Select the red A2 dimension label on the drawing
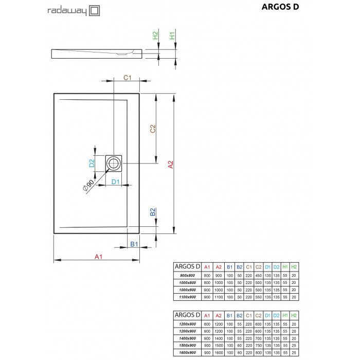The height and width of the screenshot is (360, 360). click(x=171, y=164)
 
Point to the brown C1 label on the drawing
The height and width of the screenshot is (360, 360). click(x=128, y=78)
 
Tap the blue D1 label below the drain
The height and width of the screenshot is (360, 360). click(x=116, y=182)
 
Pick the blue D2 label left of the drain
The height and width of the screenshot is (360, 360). click(x=91, y=164)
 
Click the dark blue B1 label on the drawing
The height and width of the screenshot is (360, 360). click(x=133, y=244)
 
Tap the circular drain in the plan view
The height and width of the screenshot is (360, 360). click(x=113, y=164)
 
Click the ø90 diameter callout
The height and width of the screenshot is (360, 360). click(x=88, y=185)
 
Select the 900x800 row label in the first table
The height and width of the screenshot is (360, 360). click(x=187, y=276)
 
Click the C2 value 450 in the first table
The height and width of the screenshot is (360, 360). click(x=258, y=276)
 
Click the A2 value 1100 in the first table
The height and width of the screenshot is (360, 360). click(x=219, y=297)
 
